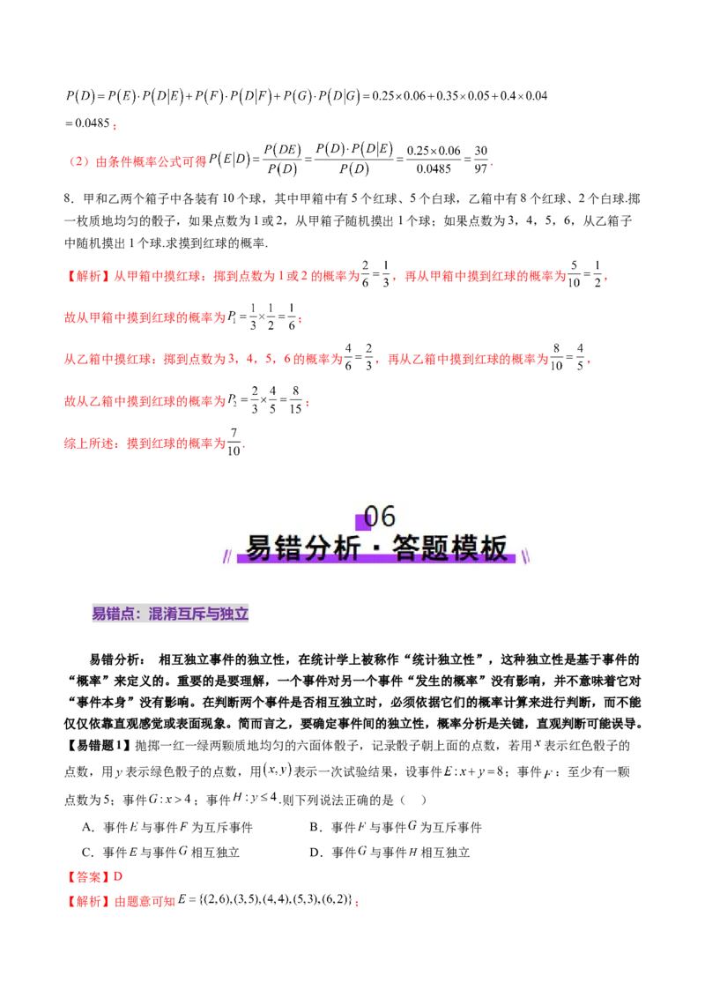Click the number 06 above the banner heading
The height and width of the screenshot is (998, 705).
380,516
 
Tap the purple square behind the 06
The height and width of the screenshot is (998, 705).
362,521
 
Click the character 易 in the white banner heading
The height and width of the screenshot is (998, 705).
260,548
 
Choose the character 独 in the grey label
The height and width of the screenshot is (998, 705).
232,615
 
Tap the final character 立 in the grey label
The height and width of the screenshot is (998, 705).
246,615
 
